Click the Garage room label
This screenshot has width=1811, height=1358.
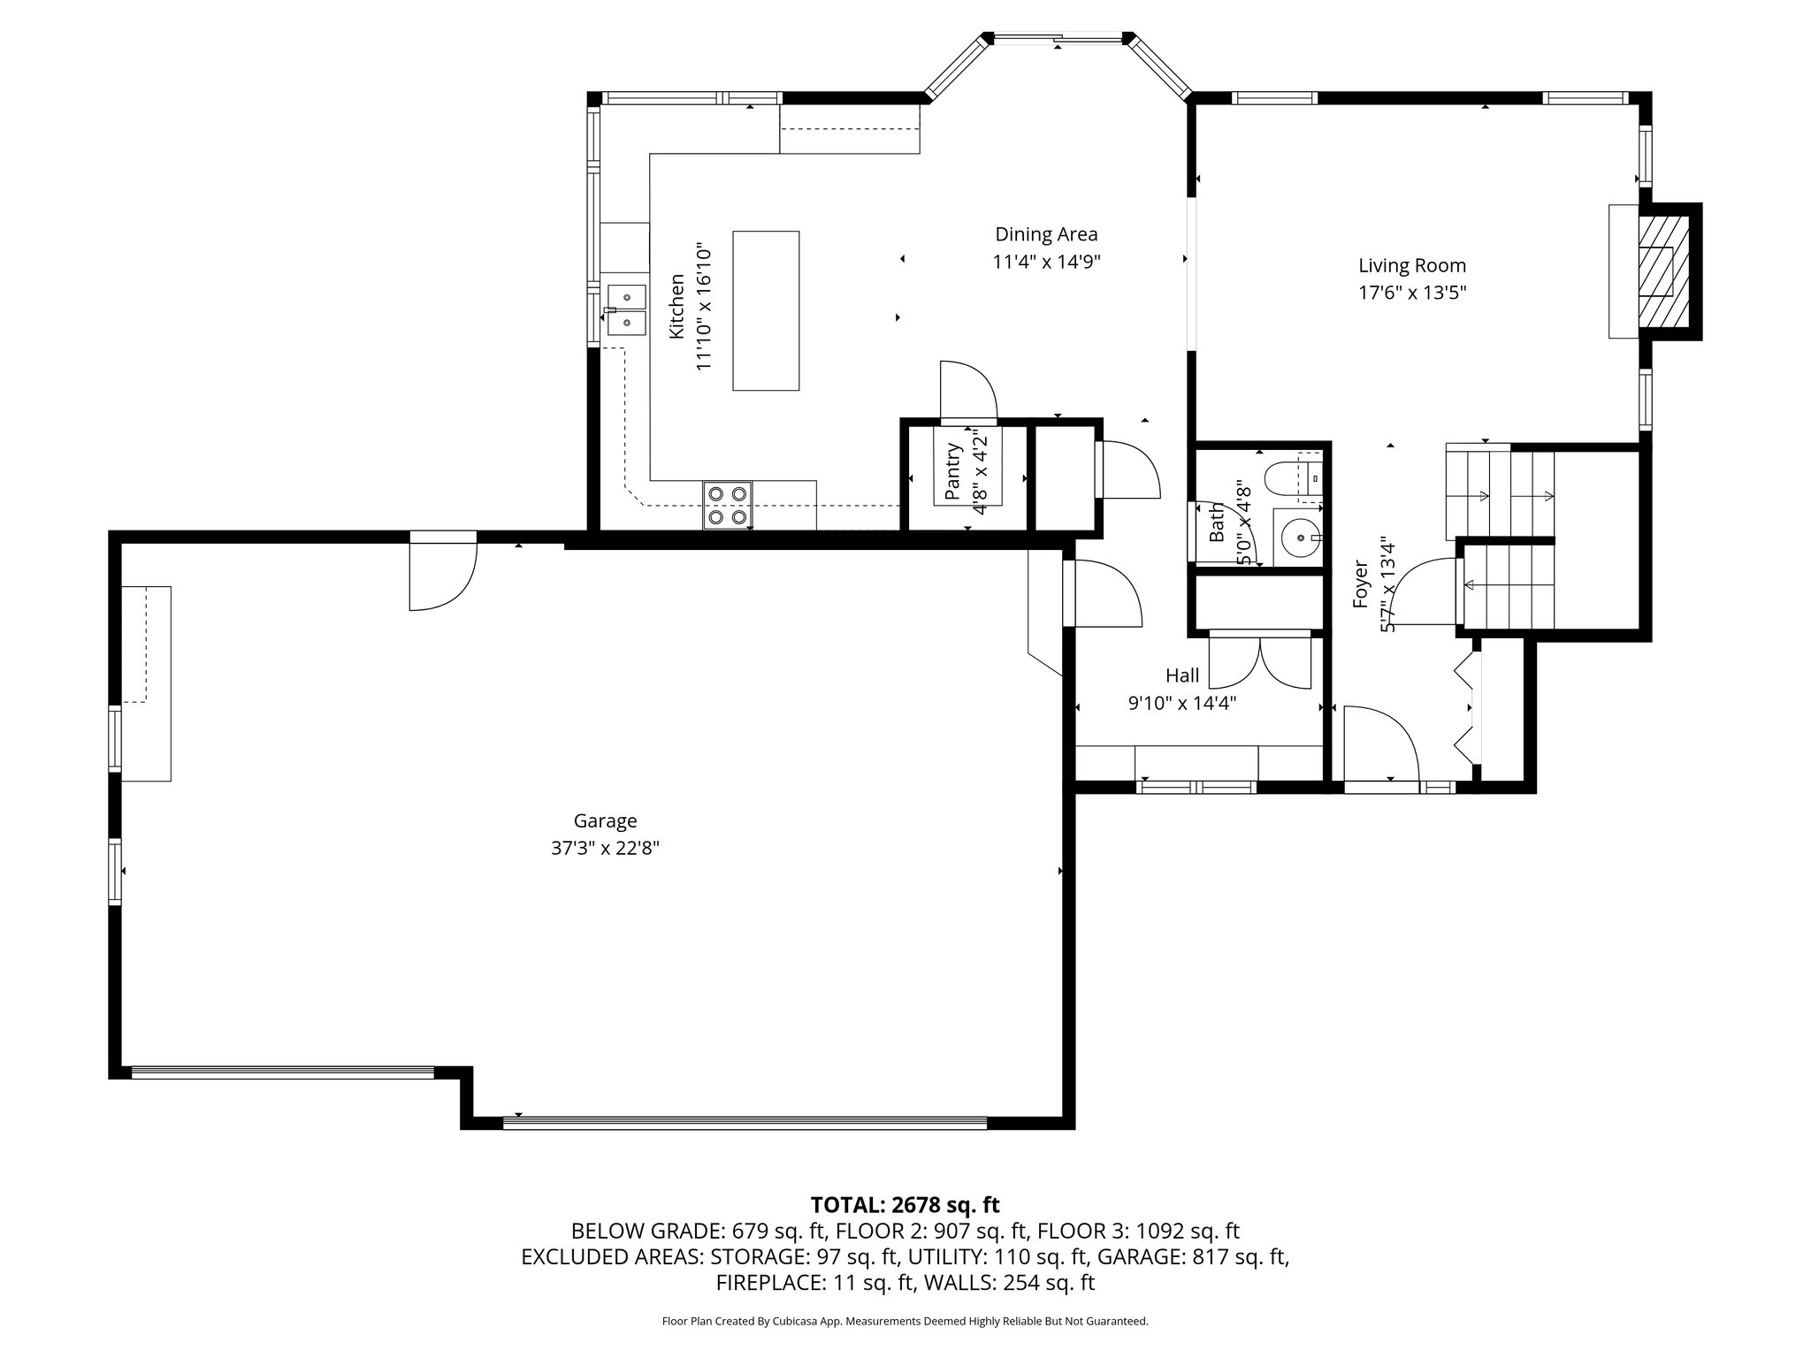(x=605, y=820)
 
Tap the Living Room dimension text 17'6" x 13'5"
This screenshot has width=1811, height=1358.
(x=1412, y=293)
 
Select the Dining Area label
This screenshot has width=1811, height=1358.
(x=1046, y=234)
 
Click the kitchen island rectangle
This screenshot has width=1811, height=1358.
(x=766, y=310)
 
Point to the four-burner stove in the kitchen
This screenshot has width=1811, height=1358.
(x=728, y=505)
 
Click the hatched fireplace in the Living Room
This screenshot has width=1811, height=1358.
(x=1663, y=271)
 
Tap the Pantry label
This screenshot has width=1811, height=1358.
(x=952, y=471)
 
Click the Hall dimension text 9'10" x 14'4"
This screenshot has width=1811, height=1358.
(x=1181, y=704)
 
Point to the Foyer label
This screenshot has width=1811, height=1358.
(x=1361, y=584)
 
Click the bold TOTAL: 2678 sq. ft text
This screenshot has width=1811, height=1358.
(x=905, y=1204)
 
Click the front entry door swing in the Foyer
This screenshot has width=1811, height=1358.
(x=1379, y=743)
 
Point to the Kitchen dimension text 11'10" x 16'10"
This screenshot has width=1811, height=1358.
(x=704, y=307)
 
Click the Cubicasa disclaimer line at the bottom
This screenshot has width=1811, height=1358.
(x=905, y=1322)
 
